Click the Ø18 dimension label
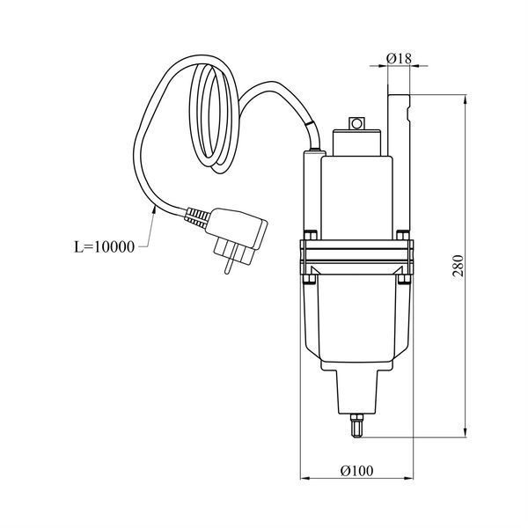pos(399,59)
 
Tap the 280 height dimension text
pos(458,266)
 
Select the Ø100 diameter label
pos(356,471)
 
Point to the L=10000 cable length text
pos(104,247)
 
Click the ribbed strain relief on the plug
pos(196,217)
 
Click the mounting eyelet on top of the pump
pos(356,123)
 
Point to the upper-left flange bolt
pos(310,235)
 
